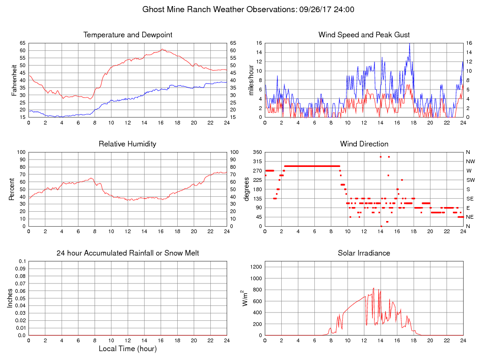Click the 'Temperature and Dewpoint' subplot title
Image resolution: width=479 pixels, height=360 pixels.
[128, 35]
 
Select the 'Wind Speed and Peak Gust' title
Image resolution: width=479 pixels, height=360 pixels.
[364, 35]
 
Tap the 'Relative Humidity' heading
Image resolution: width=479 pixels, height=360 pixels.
[127, 144]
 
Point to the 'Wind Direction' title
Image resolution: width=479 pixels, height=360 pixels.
[364, 144]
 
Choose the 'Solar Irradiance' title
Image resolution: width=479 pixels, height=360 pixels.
[364, 253]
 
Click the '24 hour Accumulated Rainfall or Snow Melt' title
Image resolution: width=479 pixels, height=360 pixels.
[128, 253]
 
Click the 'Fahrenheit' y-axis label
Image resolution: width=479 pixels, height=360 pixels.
[14, 80]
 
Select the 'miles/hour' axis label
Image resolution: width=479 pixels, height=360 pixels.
[250, 80]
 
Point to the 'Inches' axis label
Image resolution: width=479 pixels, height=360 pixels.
[10, 298]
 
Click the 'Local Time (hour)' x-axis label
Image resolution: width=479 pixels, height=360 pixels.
[128, 349]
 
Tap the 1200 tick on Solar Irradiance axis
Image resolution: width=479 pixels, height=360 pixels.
[256, 267]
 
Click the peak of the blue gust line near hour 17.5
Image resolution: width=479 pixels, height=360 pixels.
[410, 43]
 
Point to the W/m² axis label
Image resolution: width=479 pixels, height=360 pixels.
[245, 298]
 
